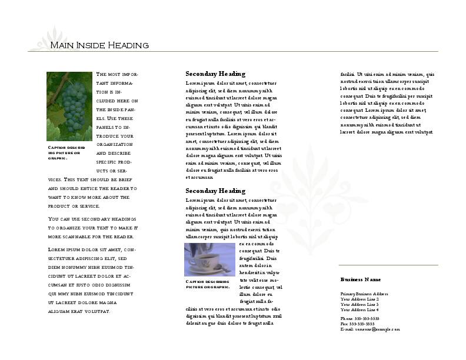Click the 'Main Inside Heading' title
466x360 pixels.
tap(99, 45)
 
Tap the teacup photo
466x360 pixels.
tap(209, 259)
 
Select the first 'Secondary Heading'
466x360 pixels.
tap(215, 74)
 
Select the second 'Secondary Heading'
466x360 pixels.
tap(215, 191)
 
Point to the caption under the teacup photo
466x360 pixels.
tap(208, 285)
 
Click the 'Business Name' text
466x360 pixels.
tap(360, 279)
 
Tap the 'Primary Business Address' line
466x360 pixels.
tap(364, 294)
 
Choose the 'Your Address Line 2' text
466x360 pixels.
tap(359, 299)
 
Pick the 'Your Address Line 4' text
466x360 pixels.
tap(359, 309)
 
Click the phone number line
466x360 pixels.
tap(360, 318)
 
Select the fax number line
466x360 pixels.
tap(357, 324)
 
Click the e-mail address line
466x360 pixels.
tap(370, 329)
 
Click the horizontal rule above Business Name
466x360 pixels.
tap(388, 265)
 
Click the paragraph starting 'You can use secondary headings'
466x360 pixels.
tap(92, 228)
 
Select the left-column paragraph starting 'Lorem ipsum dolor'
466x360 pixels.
tap(91, 280)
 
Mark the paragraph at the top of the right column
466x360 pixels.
tap(387, 103)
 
